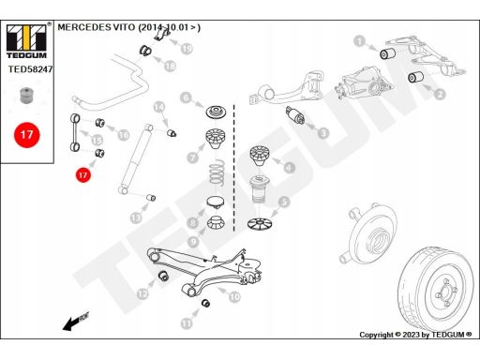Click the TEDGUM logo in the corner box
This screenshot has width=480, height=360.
tap(26, 41)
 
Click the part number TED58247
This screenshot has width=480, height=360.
tap(30, 69)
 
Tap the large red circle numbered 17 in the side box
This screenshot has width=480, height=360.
tap(27, 135)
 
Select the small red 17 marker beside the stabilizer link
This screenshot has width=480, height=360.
tap(82, 174)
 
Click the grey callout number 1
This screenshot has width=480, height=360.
tap(360, 40)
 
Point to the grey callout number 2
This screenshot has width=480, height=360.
tap(440, 94)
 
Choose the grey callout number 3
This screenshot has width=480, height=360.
tap(323, 133)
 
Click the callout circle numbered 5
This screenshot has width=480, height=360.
tap(284, 202)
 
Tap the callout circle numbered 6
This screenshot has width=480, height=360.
tap(186, 97)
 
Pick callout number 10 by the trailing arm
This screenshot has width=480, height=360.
tap(234, 296)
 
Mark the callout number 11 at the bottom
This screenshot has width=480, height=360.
tap(187, 322)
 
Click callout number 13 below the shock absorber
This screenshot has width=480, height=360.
tap(136, 217)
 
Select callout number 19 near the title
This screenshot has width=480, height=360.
tap(187, 49)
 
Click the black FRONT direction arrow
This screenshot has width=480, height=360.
tap(76, 322)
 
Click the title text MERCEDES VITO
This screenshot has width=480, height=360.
tap(97, 27)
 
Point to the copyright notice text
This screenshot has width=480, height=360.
tap(415, 335)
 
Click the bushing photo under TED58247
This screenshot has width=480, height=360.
tap(26, 95)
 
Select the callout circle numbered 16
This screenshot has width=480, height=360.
tap(124, 135)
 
